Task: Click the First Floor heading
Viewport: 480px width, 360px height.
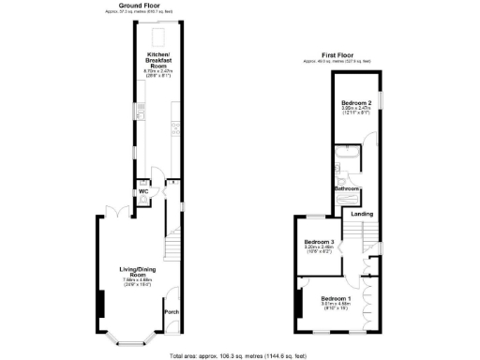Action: (x=337, y=55)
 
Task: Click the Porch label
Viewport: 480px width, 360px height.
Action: (x=171, y=311)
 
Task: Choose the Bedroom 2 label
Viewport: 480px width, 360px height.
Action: (x=357, y=101)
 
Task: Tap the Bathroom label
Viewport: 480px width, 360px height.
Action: (x=349, y=188)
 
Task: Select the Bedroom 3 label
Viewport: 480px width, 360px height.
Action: (x=320, y=242)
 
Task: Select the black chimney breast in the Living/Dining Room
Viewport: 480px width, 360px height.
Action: (x=99, y=305)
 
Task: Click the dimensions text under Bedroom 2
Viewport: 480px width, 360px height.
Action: (x=356, y=111)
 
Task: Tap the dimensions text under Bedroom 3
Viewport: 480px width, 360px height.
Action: (x=320, y=250)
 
